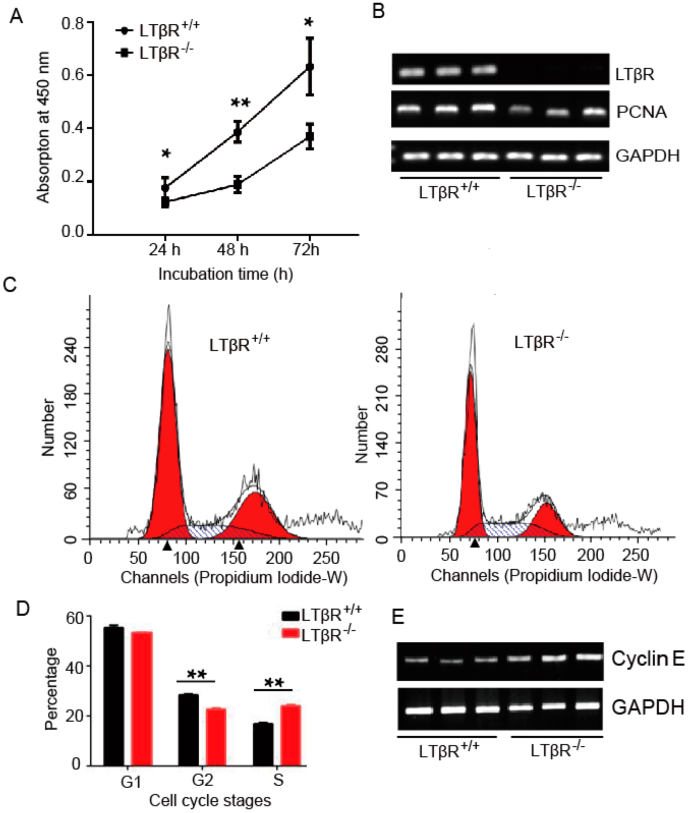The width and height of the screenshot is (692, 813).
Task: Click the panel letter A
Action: tap(16, 16)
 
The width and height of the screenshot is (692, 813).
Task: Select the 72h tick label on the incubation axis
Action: tap(306, 250)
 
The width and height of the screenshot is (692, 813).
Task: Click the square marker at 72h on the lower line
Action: tap(310, 137)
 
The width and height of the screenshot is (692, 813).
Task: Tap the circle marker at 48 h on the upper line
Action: tap(237, 132)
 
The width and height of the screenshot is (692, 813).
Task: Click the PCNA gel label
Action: tap(641, 112)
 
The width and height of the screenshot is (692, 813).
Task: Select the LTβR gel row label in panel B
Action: tap(634, 74)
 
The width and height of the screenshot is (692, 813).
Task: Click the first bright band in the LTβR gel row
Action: tap(412, 72)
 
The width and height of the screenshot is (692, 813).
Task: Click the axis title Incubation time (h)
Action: tap(226, 274)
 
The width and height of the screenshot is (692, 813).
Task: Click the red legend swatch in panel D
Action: tap(291, 634)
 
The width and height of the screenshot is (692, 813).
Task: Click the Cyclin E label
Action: tap(647, 658)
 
